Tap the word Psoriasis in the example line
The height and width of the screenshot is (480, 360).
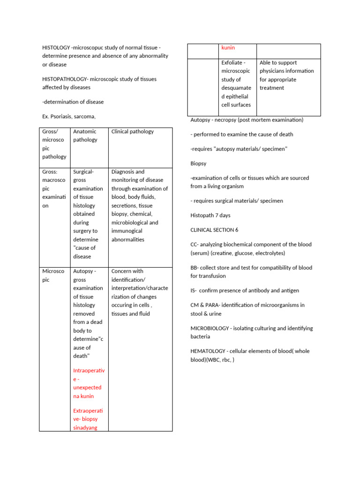pos(64,116)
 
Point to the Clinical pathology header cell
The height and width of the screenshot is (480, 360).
pos(132,132)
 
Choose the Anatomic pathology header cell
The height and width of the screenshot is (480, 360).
pos(85,135)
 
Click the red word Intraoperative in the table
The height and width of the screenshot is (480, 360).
pos(89,375)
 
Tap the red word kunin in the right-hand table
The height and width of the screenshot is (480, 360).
pos(228,48)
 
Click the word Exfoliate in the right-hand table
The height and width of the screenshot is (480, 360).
pos(232,62)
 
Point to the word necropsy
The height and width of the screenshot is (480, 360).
pos(226,120)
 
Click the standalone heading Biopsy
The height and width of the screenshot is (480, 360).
pos(198,164)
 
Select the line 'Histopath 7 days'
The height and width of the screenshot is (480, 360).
pos(210,216)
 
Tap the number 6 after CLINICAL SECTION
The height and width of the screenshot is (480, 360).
pos(237,230)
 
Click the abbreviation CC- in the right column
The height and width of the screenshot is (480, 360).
pos(195,245)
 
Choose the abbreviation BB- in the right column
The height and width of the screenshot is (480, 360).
pos(195,268)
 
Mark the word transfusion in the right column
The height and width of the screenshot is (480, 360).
pos(213,276)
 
